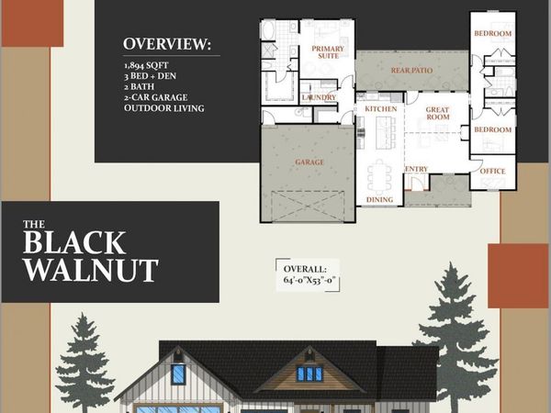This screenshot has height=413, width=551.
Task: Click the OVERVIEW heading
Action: (x=166, y=44)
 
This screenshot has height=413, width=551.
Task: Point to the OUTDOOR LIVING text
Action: (x=164, y=108)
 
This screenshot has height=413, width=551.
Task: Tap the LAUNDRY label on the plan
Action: (x=317, y=96)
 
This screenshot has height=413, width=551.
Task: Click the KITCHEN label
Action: (x=380, y=108)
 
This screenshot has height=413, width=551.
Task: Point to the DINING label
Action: (x=379, y=199)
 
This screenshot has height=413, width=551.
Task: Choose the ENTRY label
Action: (x=416, y=169)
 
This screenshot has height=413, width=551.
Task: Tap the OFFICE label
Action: (x=492, y=171)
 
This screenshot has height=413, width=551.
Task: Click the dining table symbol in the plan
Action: (x=379, y=174)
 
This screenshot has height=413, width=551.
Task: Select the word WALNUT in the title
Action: (x=90, y=270)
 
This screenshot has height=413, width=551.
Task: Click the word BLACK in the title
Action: (x=73, y=242)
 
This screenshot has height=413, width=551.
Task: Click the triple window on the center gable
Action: (x=309, y=374)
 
